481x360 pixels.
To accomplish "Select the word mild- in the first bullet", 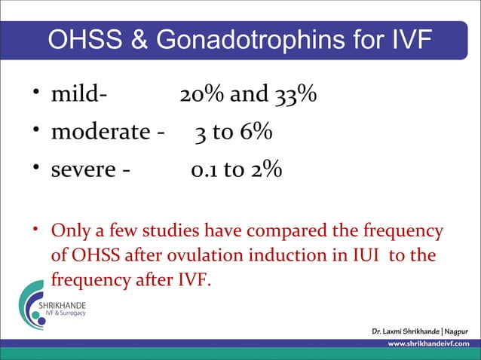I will [x=78, y=96].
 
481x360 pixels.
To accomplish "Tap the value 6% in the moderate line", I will [x=256, y=133].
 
